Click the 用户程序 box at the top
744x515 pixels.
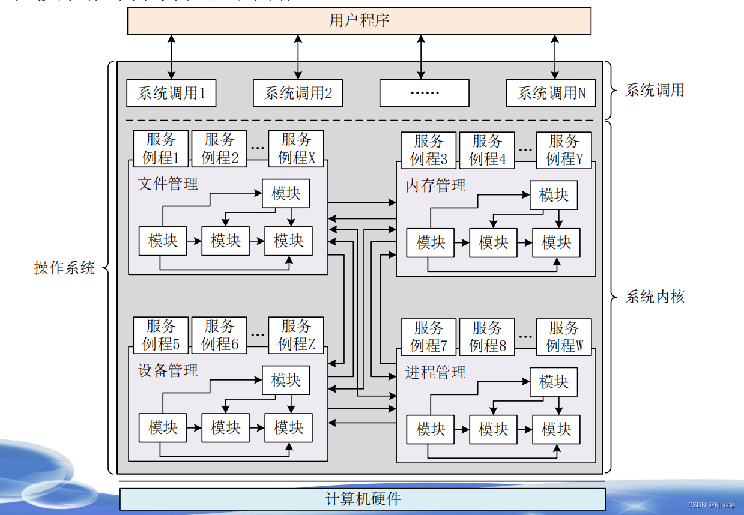point(359,20)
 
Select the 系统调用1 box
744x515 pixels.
point(171,93)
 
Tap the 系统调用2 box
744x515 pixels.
point(298,93)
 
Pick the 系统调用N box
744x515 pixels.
point(551,93)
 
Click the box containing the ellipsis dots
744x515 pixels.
point(424,93)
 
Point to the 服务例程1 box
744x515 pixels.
point(161,148)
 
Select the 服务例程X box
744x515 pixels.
point(296,148)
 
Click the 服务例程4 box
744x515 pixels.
point(487,150)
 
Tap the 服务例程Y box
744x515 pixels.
point(564,150)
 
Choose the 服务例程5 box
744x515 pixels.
point(161,335)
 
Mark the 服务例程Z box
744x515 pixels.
point(296,335)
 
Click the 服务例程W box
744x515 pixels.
point(564,337)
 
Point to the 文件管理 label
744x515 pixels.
point(168,184)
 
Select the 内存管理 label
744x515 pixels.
point(435,185)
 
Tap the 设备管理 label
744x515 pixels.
point(168,370)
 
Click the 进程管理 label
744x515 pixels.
point(435,372)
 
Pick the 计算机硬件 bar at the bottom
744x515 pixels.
point(363,499)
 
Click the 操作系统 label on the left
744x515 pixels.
point(64,268)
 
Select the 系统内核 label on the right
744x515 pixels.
point(655,297)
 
